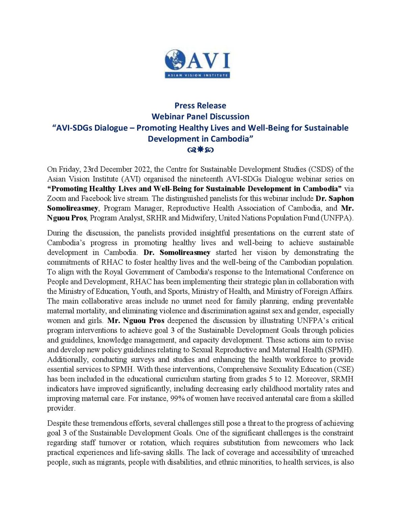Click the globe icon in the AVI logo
click(x=175, y=60)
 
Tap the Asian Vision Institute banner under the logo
click(x=198, y=75)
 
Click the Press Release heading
click(x=200, y=106)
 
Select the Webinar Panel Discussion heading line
click(x=200, y=117)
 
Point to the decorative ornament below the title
click(x=200, y=150)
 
